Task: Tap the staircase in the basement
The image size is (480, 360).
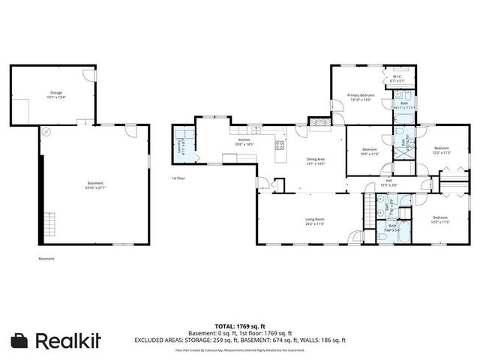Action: pos(51,223)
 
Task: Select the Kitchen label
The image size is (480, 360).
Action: pos(244,142)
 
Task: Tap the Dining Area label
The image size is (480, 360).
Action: pos(315,160)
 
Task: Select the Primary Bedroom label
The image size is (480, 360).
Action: pos(360,97)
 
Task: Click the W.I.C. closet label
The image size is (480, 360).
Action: pos(396,78)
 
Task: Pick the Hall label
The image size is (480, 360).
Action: pos(388,182)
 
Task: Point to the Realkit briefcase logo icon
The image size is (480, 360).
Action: pos(21,340)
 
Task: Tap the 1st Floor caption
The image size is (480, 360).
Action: pos(178,178)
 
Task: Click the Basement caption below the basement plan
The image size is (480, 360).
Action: pos(46,259)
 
